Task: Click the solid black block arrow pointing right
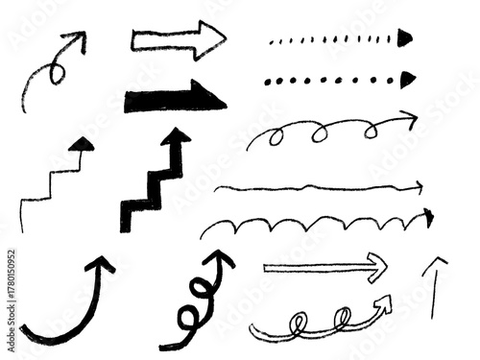(173, 97)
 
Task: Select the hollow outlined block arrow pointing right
(178, 41)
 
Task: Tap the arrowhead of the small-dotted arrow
(405, 37)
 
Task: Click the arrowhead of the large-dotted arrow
(407, 78)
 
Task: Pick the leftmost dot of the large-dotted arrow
(268, 81)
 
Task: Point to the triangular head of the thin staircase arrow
(84, 144)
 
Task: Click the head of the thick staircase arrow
(176, 138)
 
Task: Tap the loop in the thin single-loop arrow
(56, 70)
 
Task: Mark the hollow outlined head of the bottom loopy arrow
(384, 304)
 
